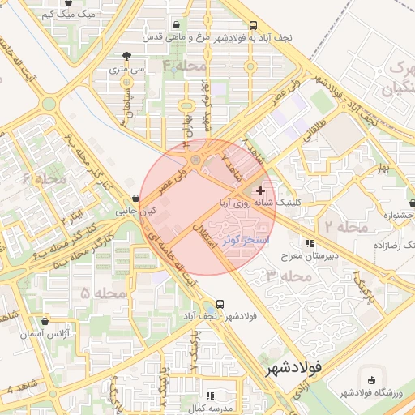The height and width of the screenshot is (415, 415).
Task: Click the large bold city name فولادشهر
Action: tap(293, 367)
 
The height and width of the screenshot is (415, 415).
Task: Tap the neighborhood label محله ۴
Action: tap(184, 66)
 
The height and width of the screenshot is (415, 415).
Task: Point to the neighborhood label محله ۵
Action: tap(103, 292)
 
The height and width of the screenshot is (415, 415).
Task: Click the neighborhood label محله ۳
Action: tap(289, 276)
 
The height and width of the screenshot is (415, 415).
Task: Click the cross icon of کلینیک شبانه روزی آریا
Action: tap(260, 191)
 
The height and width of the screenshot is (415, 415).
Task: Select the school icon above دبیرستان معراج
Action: tap(310, 243)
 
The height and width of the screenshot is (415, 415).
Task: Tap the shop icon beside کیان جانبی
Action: tap(135, 199)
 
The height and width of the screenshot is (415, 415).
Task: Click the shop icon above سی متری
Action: tap(126, 57)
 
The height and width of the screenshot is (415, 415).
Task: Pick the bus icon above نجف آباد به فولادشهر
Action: tap(254, 25)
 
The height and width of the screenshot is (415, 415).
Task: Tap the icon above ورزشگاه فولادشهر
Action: tap(372, 380)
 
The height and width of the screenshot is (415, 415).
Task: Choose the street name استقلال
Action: tap(215, 236)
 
